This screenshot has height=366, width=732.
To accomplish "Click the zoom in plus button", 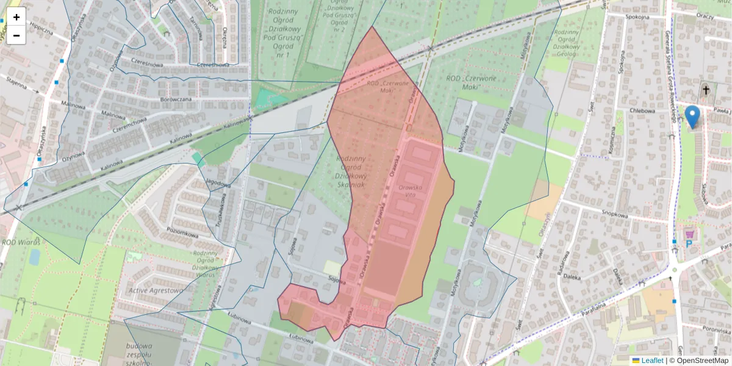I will (16, 17).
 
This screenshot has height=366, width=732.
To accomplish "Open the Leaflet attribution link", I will (651, 361).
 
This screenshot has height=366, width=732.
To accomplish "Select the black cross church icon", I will (706, 90).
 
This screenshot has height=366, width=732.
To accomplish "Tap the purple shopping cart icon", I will (690, 233).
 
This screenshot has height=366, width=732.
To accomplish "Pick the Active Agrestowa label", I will (156, 291).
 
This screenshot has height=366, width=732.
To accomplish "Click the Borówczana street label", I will (173, 98).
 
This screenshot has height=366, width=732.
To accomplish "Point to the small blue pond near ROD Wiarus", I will (34, 257).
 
